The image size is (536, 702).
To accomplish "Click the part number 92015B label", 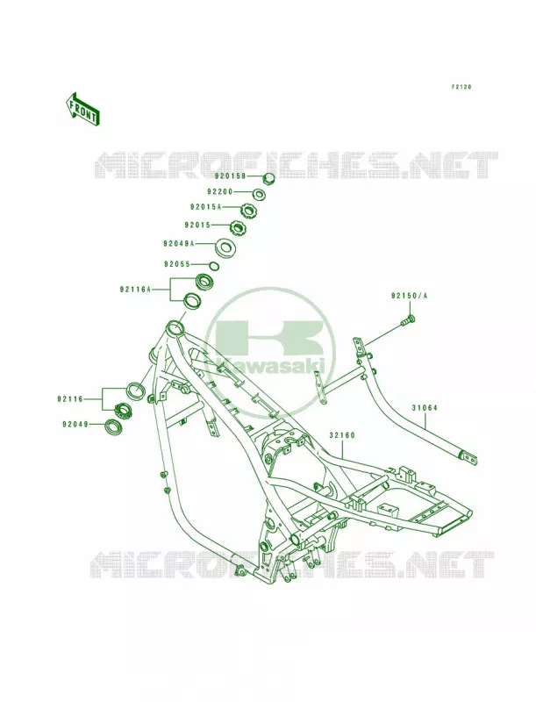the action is coord(229,176).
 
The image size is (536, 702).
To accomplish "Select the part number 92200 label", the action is coord(220,191).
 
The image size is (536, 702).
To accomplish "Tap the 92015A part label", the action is coord(206,207).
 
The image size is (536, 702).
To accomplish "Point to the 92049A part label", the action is coord(179,244).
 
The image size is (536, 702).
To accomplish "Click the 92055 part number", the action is coord(177,264).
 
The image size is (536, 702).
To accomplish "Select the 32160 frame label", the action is coord(342,434).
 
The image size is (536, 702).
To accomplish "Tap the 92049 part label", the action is coord(75,424).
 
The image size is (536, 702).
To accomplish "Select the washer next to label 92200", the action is coord(258,194).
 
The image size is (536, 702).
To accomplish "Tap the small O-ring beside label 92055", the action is coord(215,266).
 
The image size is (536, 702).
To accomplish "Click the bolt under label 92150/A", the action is coord(410,320).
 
